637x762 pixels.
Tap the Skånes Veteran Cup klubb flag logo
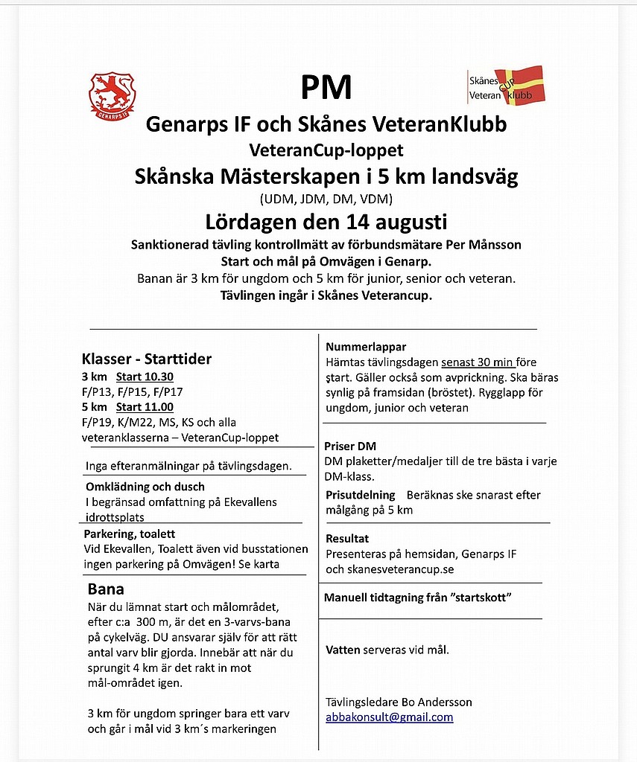coord(505,85)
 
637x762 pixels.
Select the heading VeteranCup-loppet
coord(326,150)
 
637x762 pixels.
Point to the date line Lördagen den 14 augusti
coord(326,222)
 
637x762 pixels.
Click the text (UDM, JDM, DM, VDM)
coord(326,199)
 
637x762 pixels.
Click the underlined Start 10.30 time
coord(145,377)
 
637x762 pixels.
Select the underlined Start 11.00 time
coord(145,407)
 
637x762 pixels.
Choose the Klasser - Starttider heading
coord(147,359)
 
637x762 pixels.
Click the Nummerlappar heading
coord(366,347)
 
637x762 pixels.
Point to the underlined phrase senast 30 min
coord(477,362)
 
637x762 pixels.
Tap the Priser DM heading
coord(350,446)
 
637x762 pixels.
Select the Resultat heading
coord(347,538)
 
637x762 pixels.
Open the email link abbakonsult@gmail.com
coord(389,717)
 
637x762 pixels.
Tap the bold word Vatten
coord(343,650)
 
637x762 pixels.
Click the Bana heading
coord(107,589)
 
